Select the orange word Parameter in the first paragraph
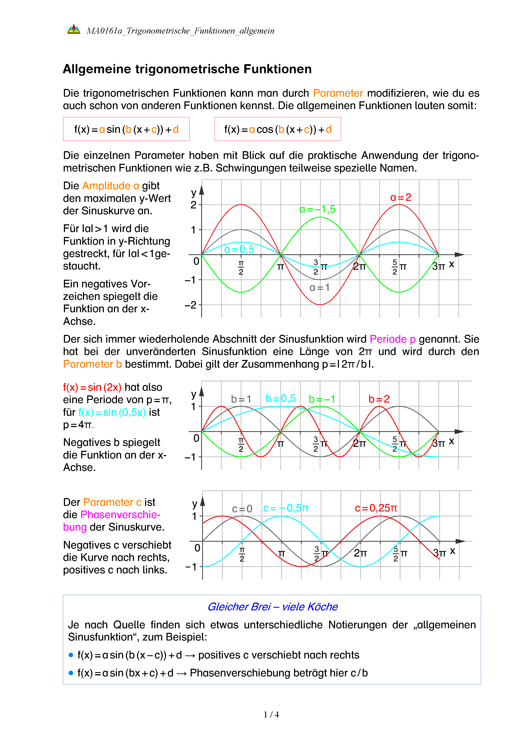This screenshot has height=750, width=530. point(338,93)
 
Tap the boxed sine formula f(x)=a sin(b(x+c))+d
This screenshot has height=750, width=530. point(126,129)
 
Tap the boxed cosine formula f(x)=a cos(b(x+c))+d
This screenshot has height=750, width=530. point(278,129)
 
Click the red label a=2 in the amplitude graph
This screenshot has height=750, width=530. point(400,197)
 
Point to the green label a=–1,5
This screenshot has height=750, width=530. point(317,209)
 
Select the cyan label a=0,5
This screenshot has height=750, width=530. point(239,249)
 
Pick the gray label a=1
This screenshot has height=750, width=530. point(319,288)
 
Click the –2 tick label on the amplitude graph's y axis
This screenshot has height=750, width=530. point(191,305)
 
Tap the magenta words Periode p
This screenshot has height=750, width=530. point(392,339)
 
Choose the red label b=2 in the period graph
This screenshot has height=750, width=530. point(379,399)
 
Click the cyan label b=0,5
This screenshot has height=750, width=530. point(280,398)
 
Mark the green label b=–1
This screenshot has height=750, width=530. point(322,399)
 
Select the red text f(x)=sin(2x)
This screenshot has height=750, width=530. point(92,388)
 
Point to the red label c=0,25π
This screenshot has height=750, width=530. point(376,508)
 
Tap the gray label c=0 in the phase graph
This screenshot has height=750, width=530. point(242,509)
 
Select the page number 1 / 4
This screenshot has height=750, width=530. point(271,715)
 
